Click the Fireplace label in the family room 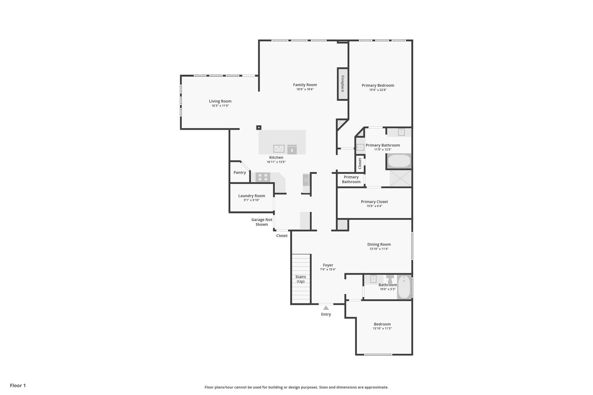pyautogui.click(x=343, y=84)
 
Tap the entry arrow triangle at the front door pyautogui.click(x=326, y=308)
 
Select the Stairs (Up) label pyautogui.click(x=301, y=279)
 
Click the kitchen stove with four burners pyautogui.click(x=263, y=177)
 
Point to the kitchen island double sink pyautogui.click(x=279, y=149)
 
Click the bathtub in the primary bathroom pyautogui.click(x=399, y=161)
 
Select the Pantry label pyautogui.click(x=240, y=172)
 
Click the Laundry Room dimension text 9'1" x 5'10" pyautogui.click(x=252, y=200)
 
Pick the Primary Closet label pyautogui.click(x=374, y=202)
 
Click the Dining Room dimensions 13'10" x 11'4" pyautogui.click(x=379, y=249)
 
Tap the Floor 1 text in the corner pyautogui.click(x=18, y=385)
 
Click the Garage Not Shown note pyautogui.click(x=262, y=222)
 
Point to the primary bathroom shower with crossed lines pyautogui.click(x=400, y=178)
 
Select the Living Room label pyautogui.click(x=220, y=101)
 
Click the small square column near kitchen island pyautogui.click(x=259, y=127)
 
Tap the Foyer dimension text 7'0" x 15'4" pyautogui.click(x=328, y=269)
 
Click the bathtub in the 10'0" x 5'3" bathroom pyautogui.click(x=404, y=287)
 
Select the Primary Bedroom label pyautogui.click(x=378, y=85)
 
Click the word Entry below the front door pyautogui.click(x=326, y=314)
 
